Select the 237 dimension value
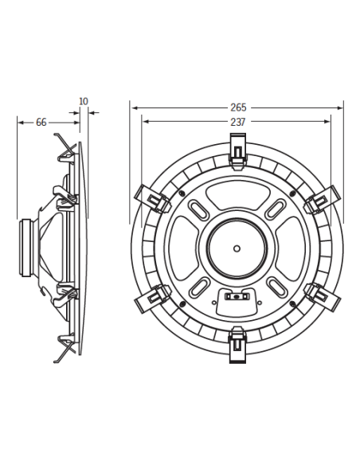click(x=237, y=122)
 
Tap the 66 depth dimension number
click(x=41, y=122)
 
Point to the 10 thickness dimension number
click(x=84, y=101)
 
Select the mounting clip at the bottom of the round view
click(x=237, y=343)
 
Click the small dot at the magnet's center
click(x=237, y=247)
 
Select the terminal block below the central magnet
click(x=236, y=298)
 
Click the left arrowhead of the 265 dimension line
click(x=134, y=107)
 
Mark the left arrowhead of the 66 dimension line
click(x=20, y=122)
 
